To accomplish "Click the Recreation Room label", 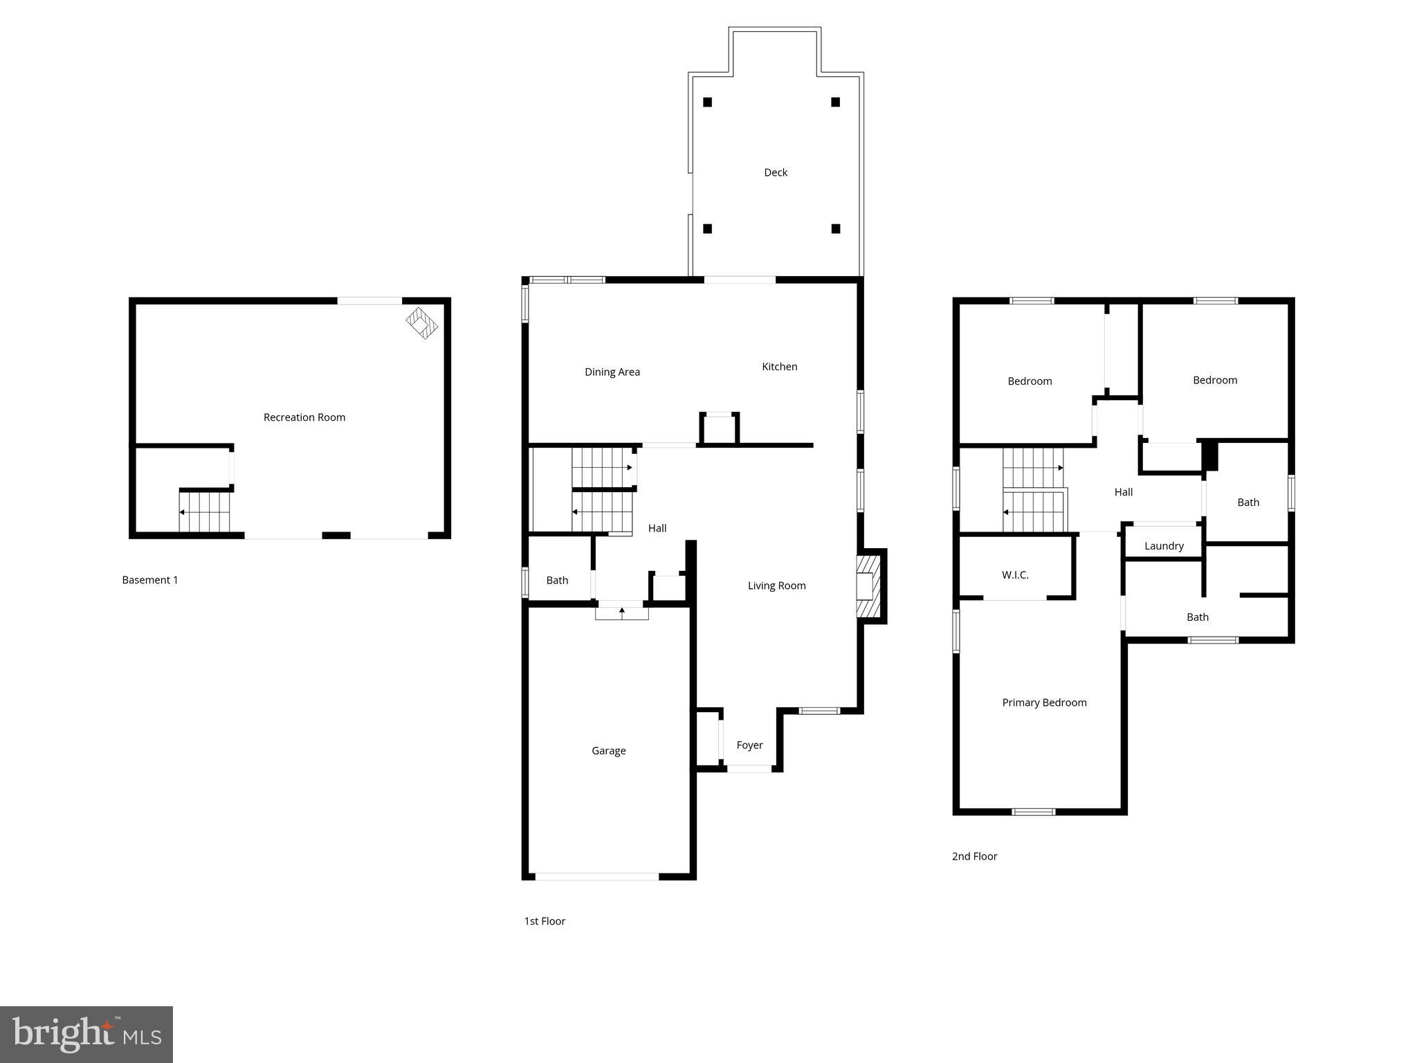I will click(304, 417).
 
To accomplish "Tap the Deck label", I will click(775, 172).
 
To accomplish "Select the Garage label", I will click(608, 751).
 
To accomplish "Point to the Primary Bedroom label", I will click(1043, 702).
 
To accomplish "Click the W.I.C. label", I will click(1014, 575).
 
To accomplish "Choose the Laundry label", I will click(1163, 546).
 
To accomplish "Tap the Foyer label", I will click(749, 745).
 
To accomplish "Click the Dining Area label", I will click(612, 372).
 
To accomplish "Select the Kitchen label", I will click(779, 367).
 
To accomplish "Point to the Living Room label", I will click(776, 585).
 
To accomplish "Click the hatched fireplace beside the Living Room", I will click(868, 586).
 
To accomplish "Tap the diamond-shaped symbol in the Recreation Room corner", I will click(421, 323).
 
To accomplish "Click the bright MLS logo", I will click(86, 1034).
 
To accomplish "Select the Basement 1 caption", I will click(149, 580).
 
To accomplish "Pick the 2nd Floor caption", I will click(974, 856).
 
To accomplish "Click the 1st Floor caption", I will click(545, 921).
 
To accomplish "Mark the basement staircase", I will click(204, 512).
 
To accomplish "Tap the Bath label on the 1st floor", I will click(557, 581).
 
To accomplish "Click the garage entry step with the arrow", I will click(621, 612).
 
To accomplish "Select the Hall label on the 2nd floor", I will click(1123, 492).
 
